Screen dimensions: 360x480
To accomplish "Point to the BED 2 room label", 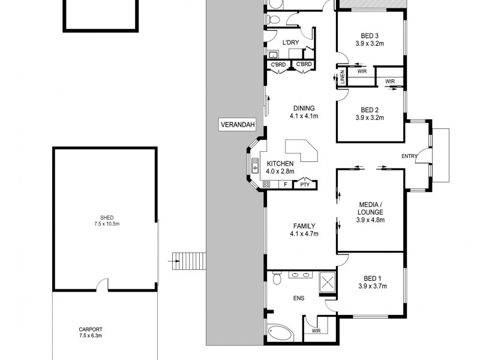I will coord(370,113).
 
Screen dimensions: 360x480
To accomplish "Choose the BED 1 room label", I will coord(373,282).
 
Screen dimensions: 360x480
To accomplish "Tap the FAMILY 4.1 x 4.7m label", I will coord(303,229).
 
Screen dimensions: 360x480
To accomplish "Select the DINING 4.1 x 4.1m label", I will coord(304,112).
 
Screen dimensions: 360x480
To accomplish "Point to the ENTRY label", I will coord(410,157).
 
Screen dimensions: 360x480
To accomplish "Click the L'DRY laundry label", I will coord(291,42).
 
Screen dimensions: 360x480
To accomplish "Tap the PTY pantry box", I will coord(305,185).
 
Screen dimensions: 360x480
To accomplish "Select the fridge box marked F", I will coord(286,185).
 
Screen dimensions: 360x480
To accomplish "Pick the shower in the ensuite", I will coord(328,281).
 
